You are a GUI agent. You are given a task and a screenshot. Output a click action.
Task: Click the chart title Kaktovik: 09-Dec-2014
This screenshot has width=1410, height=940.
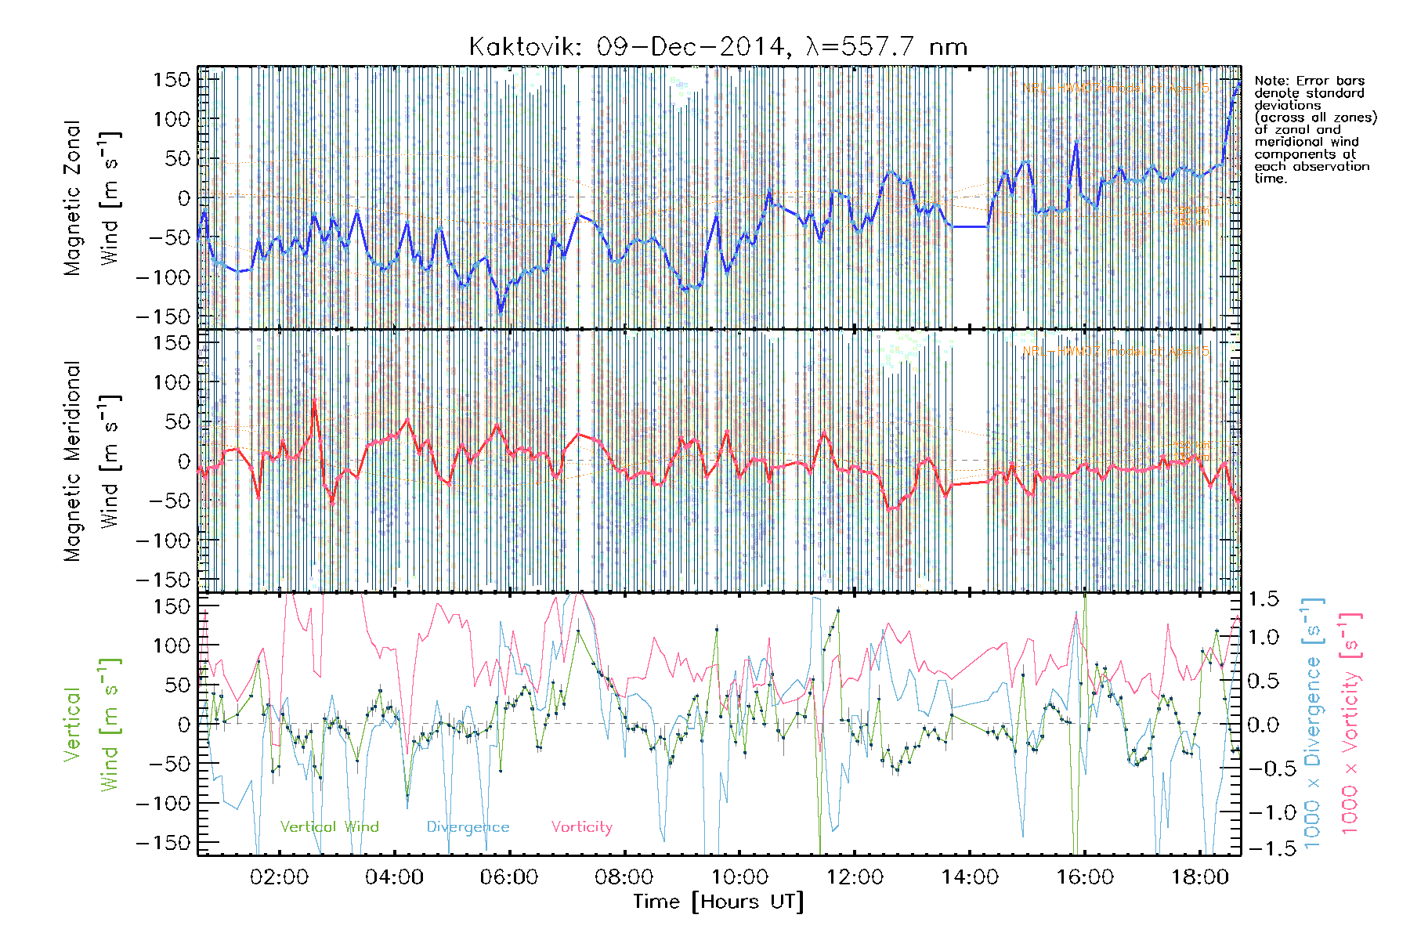(x=718, y=47)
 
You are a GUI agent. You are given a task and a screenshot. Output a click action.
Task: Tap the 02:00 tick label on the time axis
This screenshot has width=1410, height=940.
(x=279, y=877)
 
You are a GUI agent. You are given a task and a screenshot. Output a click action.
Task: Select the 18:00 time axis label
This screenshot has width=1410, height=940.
(x=1199, y=877)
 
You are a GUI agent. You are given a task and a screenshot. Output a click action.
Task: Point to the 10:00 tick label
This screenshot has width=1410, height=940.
(x=739, y=877)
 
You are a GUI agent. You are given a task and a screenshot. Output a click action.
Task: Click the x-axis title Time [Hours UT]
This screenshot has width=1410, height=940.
(x=718, y=902)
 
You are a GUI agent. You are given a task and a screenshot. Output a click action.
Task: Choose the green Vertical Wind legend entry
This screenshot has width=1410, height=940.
(x=329, y=826)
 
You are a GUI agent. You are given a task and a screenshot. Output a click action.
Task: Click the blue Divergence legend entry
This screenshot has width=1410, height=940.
(x=468, y=826)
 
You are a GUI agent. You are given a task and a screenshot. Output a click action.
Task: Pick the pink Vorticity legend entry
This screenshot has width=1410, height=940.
(x=581, y=826)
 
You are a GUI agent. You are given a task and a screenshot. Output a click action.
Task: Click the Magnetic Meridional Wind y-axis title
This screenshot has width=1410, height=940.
(x=92, y=461)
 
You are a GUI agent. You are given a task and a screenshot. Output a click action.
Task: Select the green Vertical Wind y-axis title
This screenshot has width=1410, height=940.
(x=92, y=725)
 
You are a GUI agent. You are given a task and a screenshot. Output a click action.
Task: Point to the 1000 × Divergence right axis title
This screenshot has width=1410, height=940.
(x=1313, y=725)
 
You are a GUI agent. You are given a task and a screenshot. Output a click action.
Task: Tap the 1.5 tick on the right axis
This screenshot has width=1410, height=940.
(x=1263, y=599)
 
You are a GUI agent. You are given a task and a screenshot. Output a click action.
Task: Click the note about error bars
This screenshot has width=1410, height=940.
(x=1314, y=129)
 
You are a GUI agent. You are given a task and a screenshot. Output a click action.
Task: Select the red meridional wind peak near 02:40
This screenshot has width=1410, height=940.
(x=315, y=401)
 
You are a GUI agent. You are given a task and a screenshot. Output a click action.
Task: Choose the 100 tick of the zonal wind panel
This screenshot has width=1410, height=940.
(x=172, y=119)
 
